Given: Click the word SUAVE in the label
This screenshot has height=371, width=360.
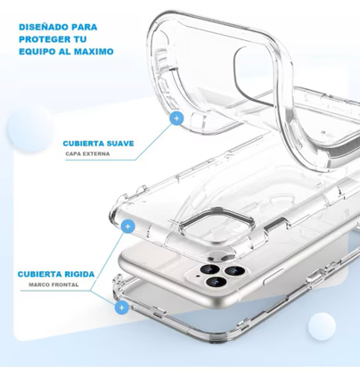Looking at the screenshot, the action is click(x=121, y=144).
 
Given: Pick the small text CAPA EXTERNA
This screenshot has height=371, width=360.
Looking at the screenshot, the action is click(x=87, y=153).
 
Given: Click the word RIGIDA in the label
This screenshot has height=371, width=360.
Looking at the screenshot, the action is click(x=79, y=274).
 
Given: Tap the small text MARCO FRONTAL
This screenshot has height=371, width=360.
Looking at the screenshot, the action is click(x=53, y=284).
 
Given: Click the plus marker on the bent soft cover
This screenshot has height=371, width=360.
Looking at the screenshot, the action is click(x=176, y=119).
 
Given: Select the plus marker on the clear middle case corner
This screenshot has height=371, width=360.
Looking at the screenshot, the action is click(x=128, y=227).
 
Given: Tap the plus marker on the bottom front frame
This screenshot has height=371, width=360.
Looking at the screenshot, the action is click(x=121, y=307).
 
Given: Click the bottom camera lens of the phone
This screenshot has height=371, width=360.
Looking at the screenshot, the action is click(x=216, y=282).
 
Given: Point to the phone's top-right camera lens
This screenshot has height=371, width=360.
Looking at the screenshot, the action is click(x=233, y=270).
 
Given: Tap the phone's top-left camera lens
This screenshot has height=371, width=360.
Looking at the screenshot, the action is click(x=210, y=269).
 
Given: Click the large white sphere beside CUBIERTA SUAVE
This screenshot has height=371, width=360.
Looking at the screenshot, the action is click(x=30, y=128).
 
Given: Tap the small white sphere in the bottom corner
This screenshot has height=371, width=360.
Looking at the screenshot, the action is click(x=322, y=326).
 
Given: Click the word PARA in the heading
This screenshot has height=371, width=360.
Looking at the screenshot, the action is click(x=85, y=27).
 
